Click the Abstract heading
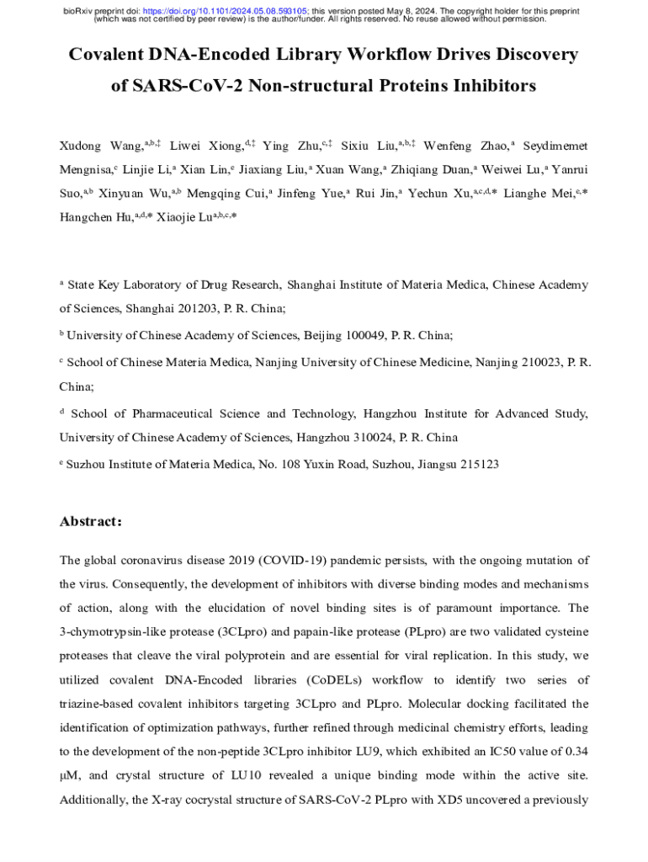click(91, 522)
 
